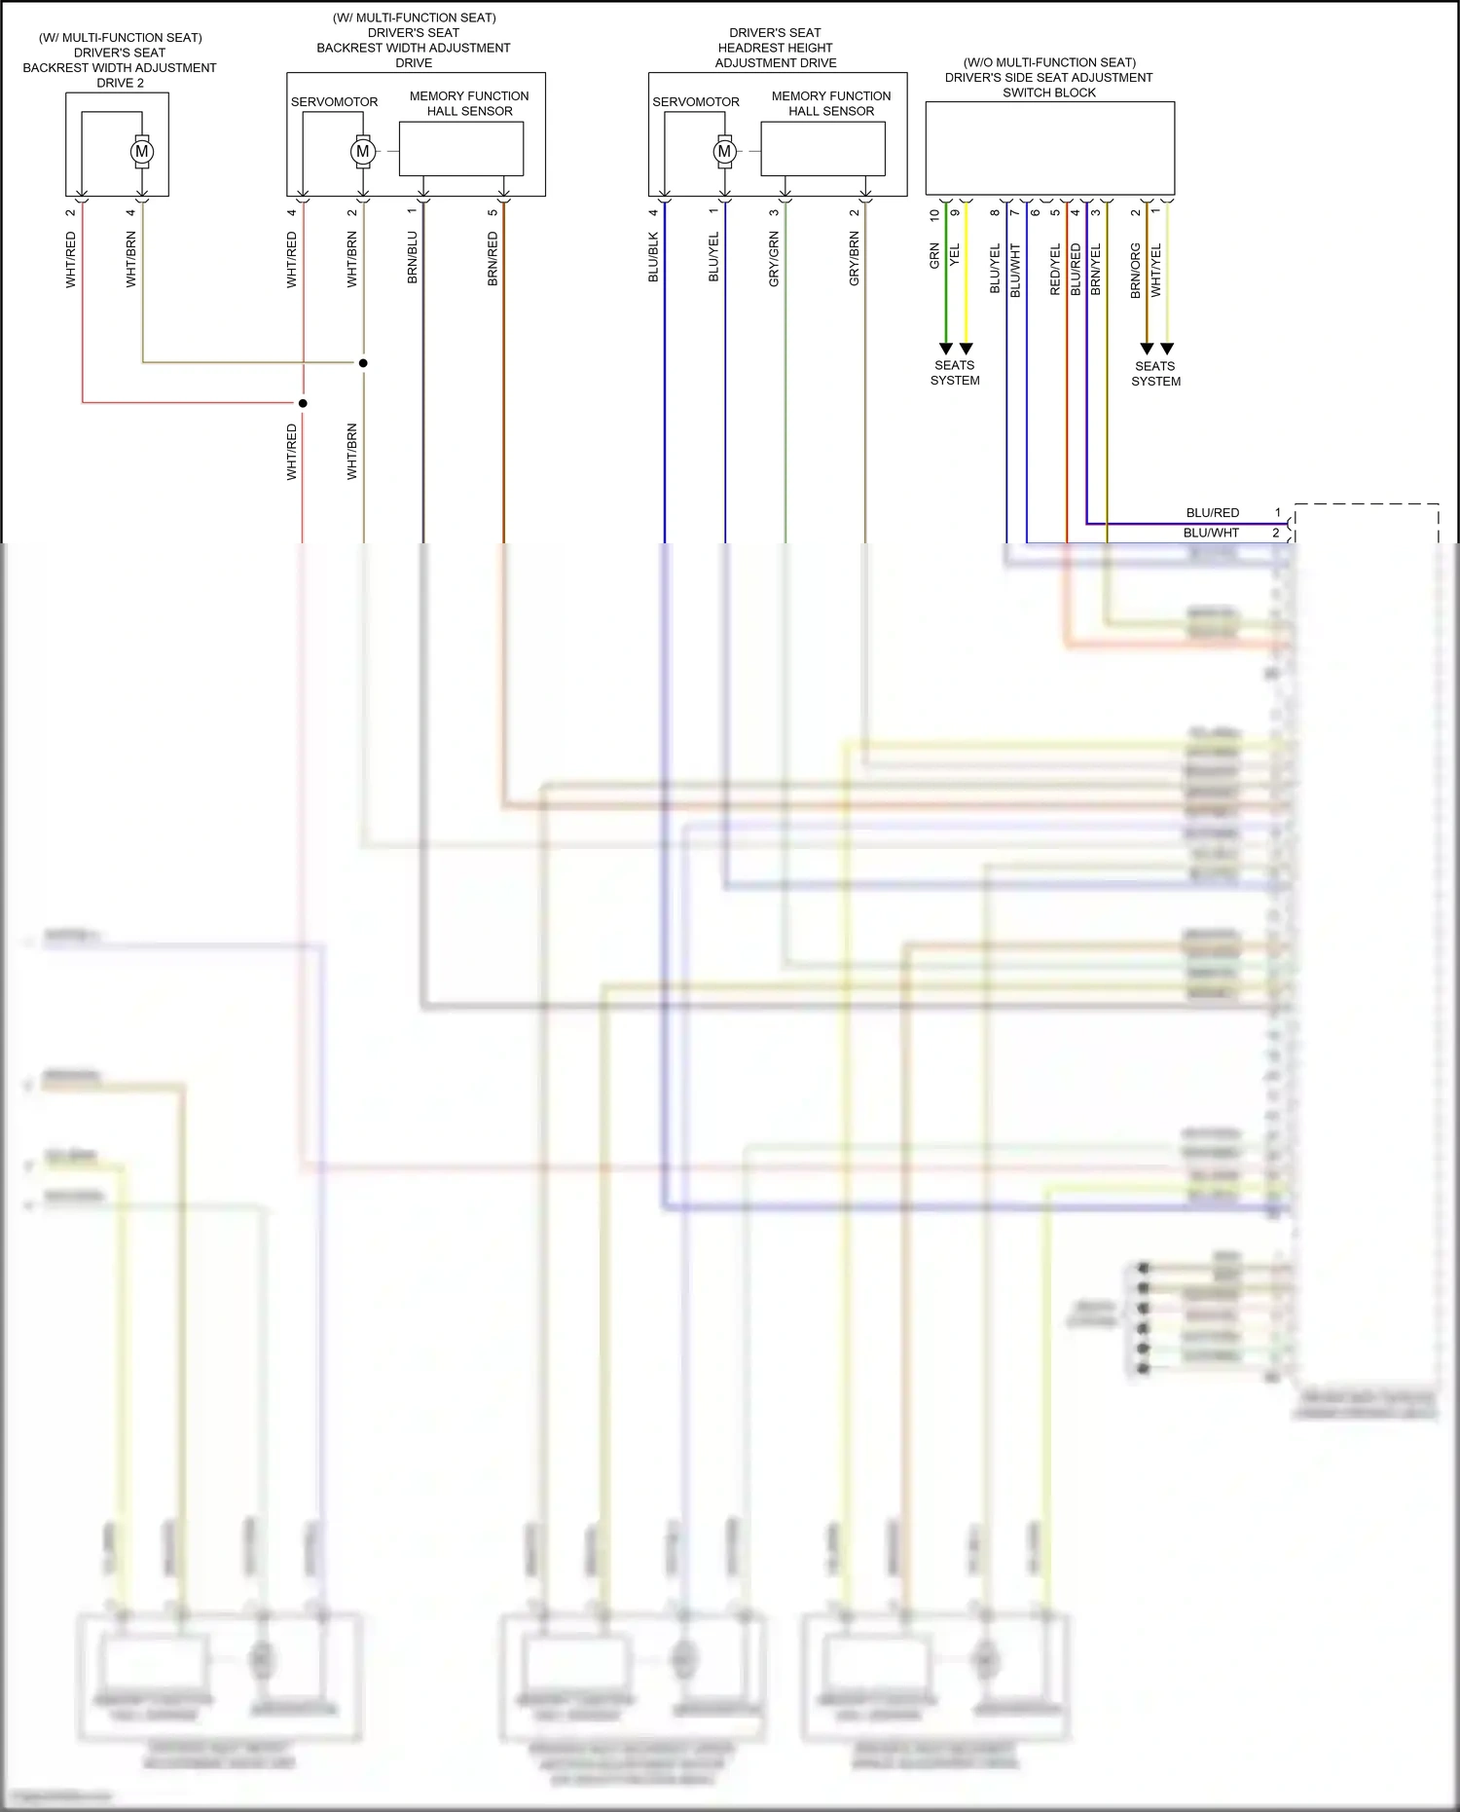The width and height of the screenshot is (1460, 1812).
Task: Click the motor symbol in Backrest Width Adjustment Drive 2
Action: pyautogui.click(x=142, y=151)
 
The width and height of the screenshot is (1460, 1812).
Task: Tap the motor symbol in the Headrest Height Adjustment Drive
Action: pyautogui.click(x=724, y=151)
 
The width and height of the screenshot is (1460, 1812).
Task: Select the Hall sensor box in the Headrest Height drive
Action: pyautogui.click(x=822, y=149)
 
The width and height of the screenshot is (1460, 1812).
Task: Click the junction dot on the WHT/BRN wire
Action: pyautogui.click(x=363, y=363)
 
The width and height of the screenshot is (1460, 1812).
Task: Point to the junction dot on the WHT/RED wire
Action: pyautogui.click(x=303, y=403)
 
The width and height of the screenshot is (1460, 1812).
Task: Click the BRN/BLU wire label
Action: pyautogui.click(x=413, y=258)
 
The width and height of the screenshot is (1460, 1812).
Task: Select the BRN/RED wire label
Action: pyautogui.click(x=493, y=258)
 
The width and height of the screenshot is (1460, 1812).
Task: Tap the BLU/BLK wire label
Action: pyautogui.click(x=654, y=258)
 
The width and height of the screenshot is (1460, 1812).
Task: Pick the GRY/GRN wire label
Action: pyautogui.click(x=775, y=258)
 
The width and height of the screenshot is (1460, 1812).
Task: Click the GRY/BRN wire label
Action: pyautogui.click(x=855, y=258)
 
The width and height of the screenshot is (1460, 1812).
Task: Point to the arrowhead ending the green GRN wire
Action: pyautogui.click(x=945, y=349)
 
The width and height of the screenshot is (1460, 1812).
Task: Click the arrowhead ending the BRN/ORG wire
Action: pyautogui.click(x=1147, y=349)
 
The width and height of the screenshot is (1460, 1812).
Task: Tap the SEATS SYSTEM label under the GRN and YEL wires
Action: pyautogui.click(x=955, y=373)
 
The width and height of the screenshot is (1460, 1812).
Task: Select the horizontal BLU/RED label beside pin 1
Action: pyautogui.click(x=1213, y=513)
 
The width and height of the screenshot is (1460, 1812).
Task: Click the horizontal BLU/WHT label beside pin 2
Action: pyautogui.click(x=1212, y=534)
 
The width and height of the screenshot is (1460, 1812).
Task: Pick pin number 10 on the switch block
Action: pyautogui.click(x=934, y=214)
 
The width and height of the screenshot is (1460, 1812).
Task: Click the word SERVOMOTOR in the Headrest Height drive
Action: pyautogui.click(x=696, y=102)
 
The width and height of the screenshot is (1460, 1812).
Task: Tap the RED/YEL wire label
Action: pyautogui.click(x=1056, y=270)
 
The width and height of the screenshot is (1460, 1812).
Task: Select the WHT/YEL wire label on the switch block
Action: pyautogui.click(x=1156, y=270)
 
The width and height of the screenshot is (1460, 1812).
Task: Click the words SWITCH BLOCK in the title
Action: pyautogui.click(x=1049, y=92)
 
